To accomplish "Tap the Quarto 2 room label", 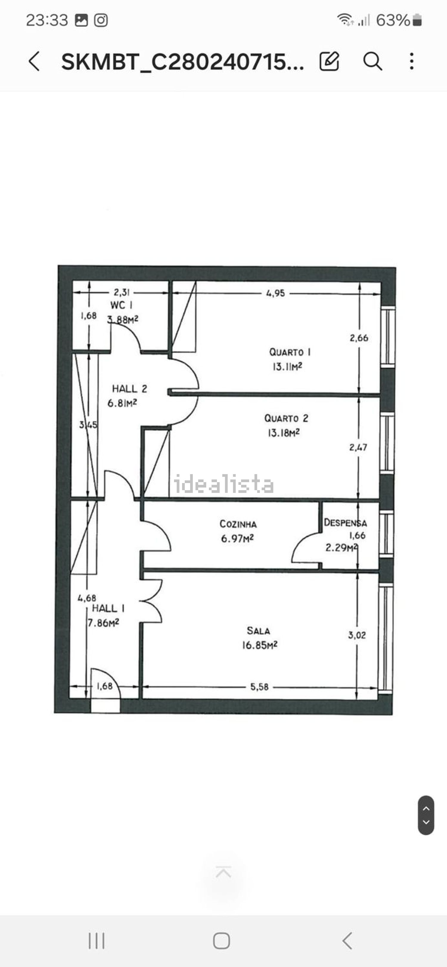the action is click(x=286, y=418).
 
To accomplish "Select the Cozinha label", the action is click(x=238, y=524).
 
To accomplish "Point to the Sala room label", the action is click(x=258, y=631).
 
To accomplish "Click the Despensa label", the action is click(x=345, y=523).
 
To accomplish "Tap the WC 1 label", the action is click(x=121, y=305).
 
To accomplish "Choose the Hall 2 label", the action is click(x=129, y=388).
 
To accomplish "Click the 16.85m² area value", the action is click(x=259, y=645).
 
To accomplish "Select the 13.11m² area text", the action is click(x=287, y=366).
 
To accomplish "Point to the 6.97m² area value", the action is click(x=237, y=539).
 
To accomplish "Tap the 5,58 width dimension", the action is click(x=259, y=687).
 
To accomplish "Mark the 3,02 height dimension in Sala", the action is click(x=357, y=635).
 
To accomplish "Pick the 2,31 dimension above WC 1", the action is click(x=121, y=292).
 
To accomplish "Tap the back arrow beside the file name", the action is click(x=34, y=61).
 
